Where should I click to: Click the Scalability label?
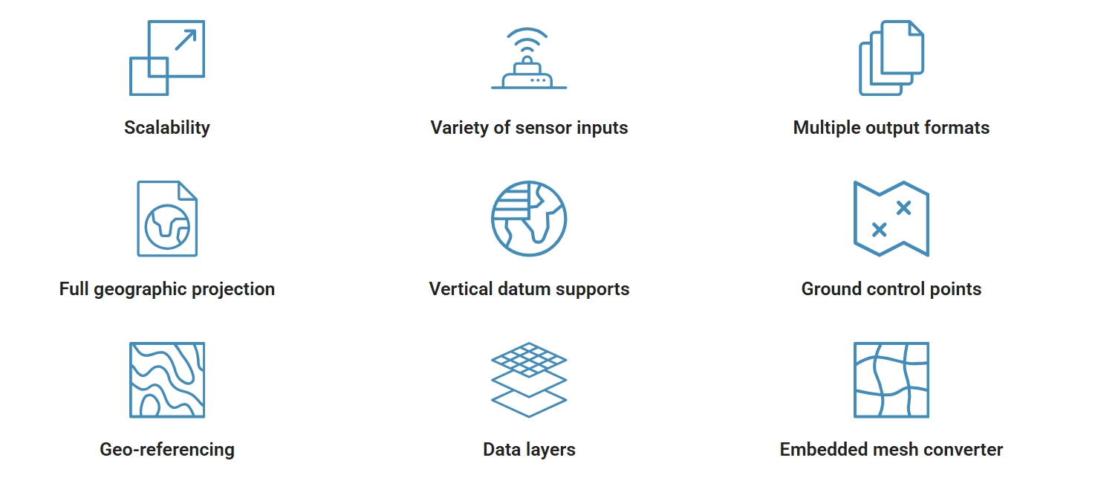tap(166, 128)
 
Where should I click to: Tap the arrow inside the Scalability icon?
tap(186, 40)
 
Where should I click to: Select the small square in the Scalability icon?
tap(149, 77)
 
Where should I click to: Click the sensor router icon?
tap(529, 58)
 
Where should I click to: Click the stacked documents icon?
tap(891, 58)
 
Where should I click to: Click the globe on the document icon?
tap(167, 227)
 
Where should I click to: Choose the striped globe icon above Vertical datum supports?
tap(529, 219)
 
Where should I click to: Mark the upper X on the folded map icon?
tap(904, 208)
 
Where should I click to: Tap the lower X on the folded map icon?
tap(880, 230)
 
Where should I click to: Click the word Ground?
tap(831, 289)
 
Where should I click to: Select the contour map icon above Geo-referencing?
tap(167, 380)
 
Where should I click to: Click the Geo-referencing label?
tap(167, 450)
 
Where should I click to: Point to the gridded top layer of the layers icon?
tap(529, 360)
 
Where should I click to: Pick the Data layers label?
tap(529, 450)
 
